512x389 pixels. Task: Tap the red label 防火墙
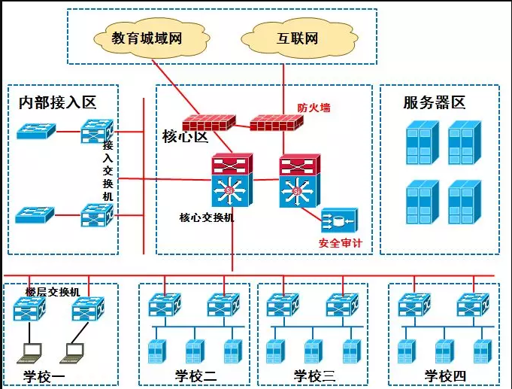click(314, 108)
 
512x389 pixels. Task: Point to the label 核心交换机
click(207, 217)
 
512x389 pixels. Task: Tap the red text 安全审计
click(341, 243)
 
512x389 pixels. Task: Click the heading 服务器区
click(435, 102)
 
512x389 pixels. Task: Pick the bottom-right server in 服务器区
click(464, 202)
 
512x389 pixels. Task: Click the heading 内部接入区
click(58, 103)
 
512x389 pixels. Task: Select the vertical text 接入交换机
click(108, 169)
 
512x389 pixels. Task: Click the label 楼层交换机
click(53, 291)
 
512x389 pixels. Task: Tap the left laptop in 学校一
click(32, 351)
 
